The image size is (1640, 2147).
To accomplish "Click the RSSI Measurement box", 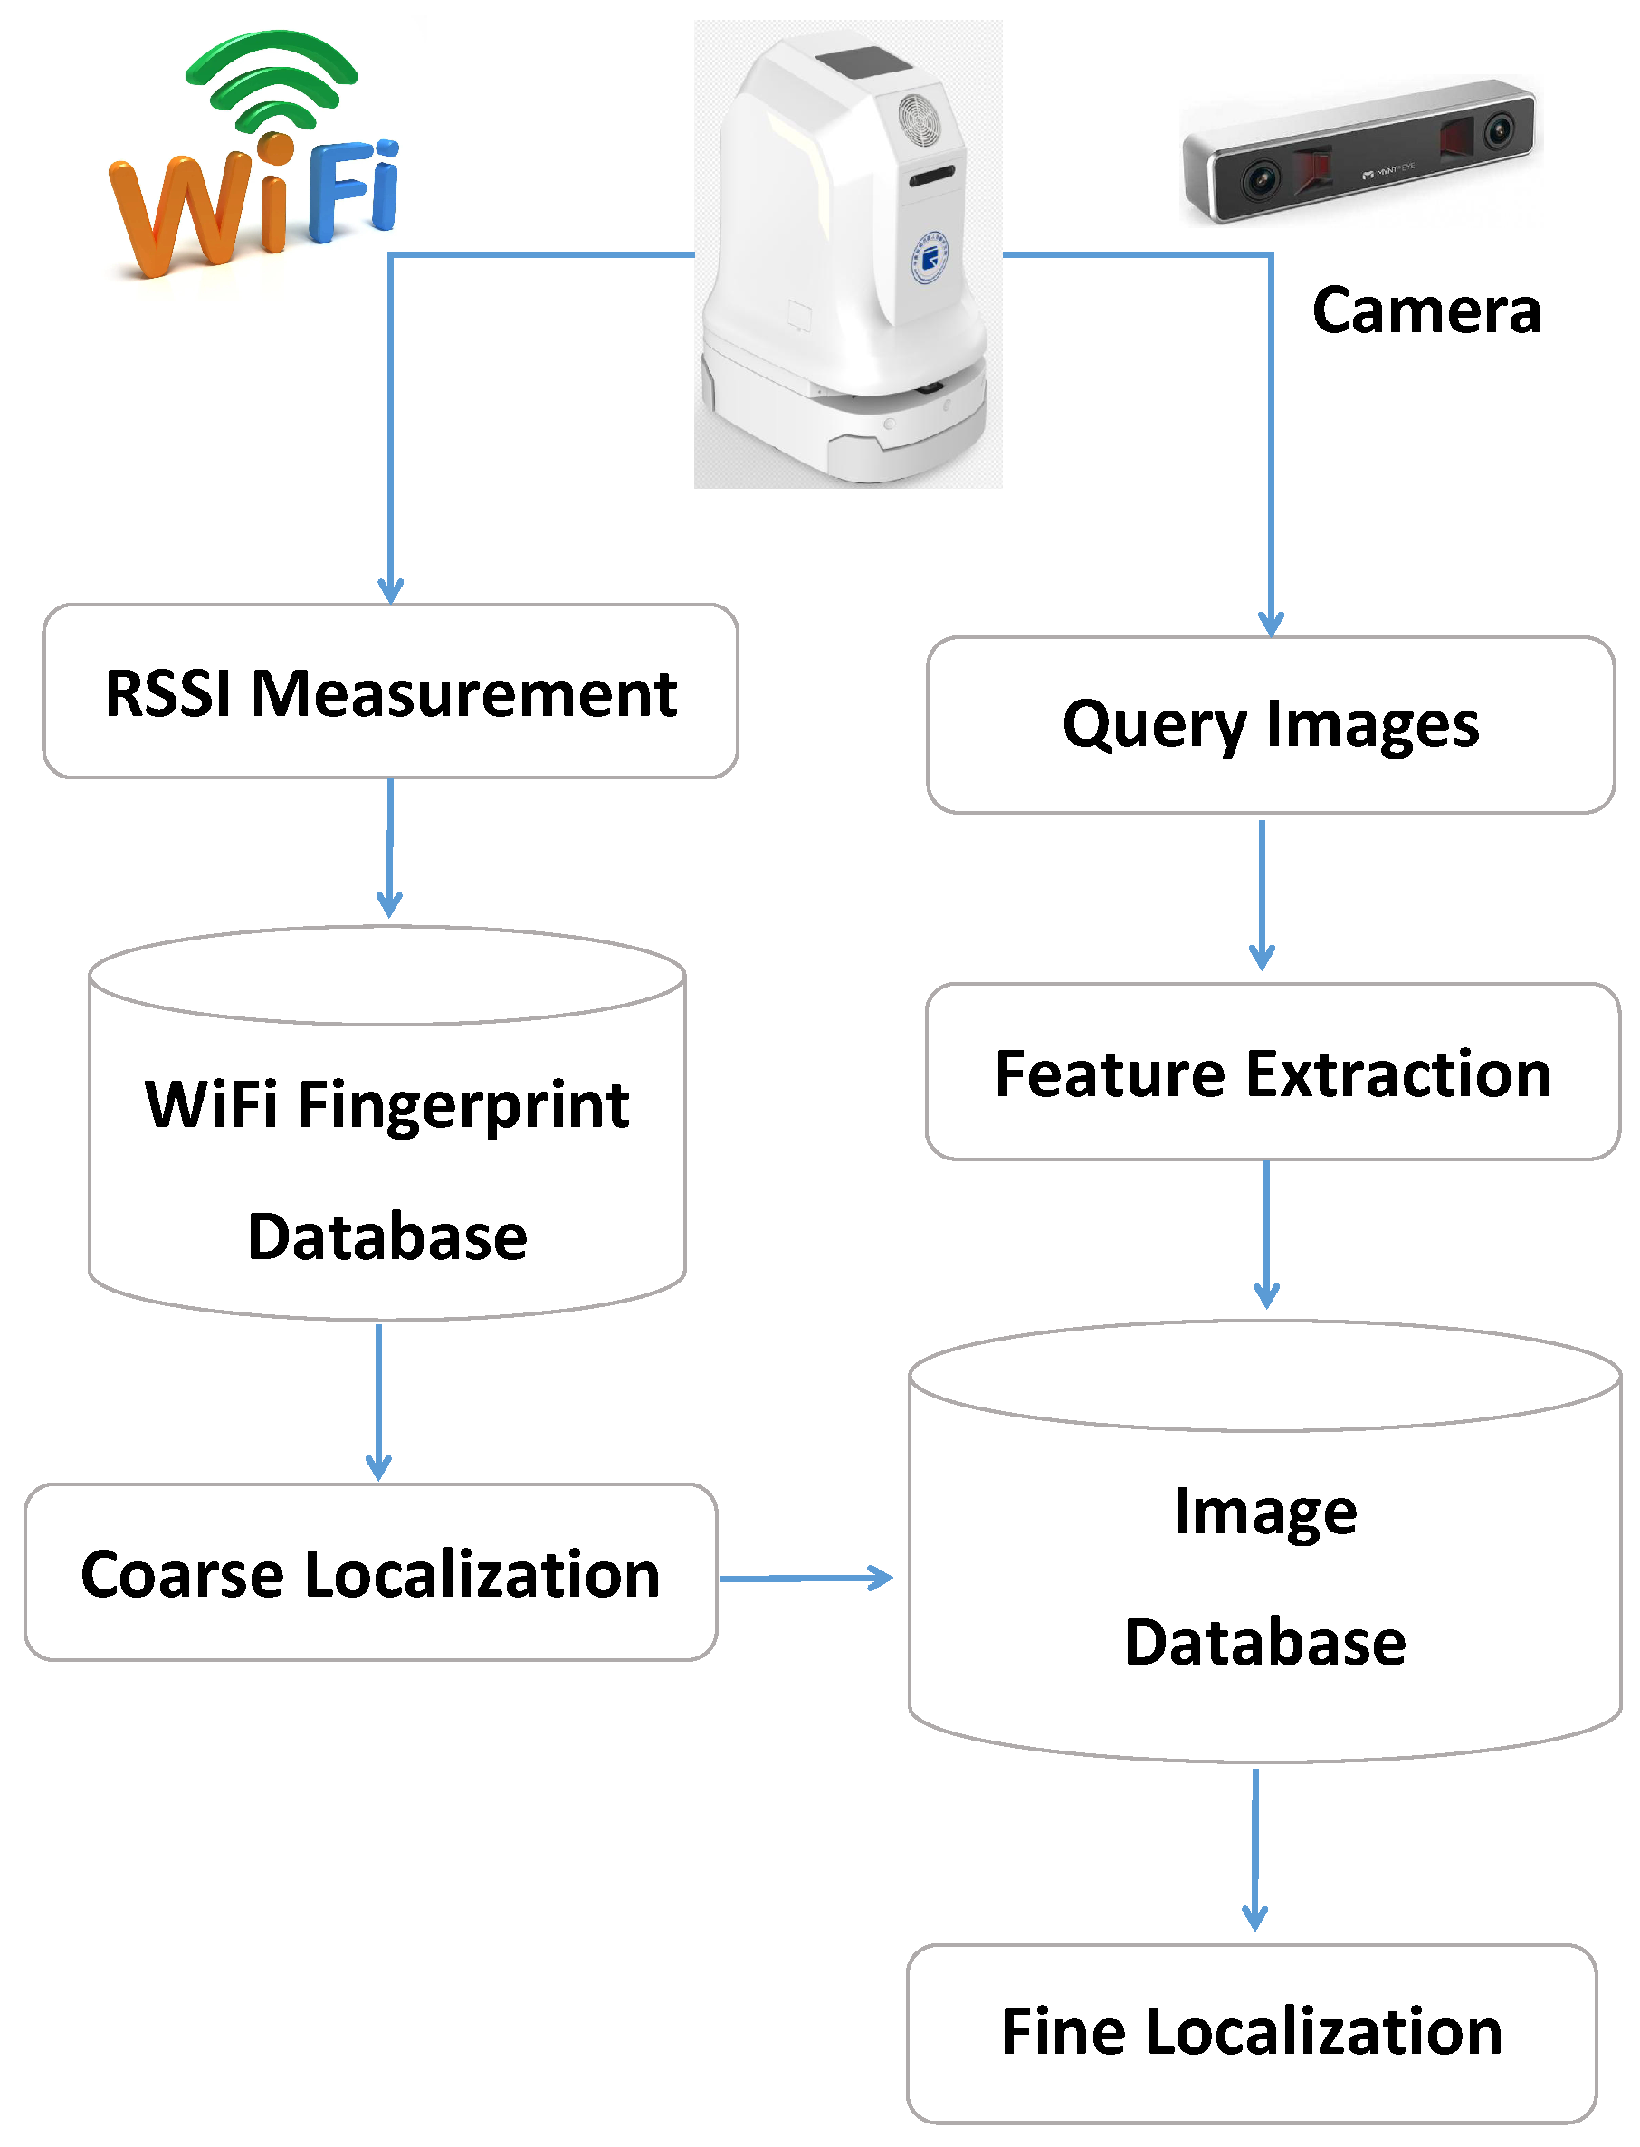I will (390, 692).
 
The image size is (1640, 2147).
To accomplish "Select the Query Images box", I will (1270, 725).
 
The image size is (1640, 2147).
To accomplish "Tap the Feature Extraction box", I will (1272, 1072).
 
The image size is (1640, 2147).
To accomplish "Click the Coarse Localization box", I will (371, 1572).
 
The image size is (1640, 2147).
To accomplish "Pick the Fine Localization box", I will (1252, 2032).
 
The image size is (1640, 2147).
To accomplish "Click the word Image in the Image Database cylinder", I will (1265, 1512).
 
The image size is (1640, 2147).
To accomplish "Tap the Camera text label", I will (1426, 310).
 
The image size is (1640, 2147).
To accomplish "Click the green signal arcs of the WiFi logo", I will (272, 78).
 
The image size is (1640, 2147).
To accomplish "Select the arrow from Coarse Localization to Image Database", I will (806, 1578).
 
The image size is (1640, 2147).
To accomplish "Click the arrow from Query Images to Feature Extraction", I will (1263, 893).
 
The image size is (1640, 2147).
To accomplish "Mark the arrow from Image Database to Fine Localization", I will (1255, 1846).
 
